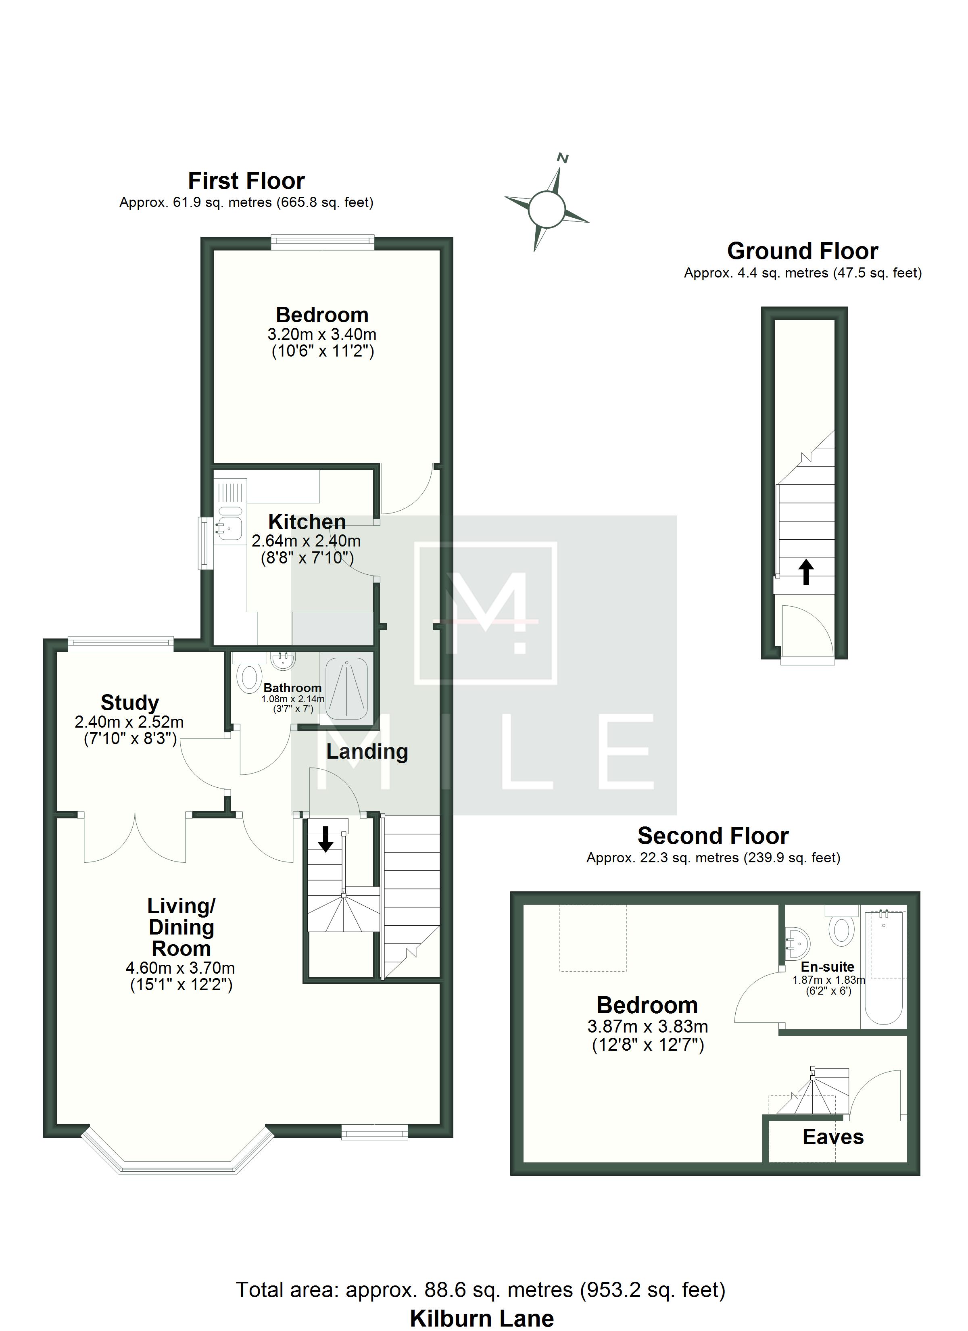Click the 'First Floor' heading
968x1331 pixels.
click(x=246, y=181)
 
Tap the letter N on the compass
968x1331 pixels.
click(x=563, y=158)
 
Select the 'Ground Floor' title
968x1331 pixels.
click(x=803, y=251)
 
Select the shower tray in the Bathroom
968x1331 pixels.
click(x=347, y=688)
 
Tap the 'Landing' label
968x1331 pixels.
click(x=367, y=751)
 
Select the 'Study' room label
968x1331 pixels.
click(x=130, y=703)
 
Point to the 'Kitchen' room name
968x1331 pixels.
click(x=307, y=522)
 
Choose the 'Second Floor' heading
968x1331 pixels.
click(x=713, y=836)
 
